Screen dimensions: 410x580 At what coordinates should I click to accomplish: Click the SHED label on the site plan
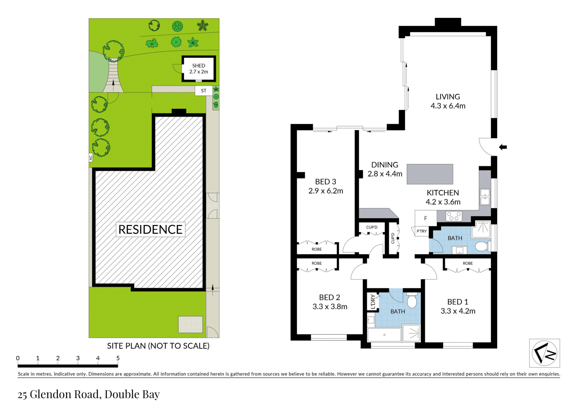tap(199, 66)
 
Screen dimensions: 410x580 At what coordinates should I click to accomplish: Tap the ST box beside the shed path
tap(203, 91)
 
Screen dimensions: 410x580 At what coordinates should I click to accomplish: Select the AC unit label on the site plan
tap(91, 158)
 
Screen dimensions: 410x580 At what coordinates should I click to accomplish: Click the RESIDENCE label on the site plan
tap(150, 230)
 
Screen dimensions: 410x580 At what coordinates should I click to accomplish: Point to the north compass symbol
tap(544, 353)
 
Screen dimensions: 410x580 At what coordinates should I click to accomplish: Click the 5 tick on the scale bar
tap(118, 358)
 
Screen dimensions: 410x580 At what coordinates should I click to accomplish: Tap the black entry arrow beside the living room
tap(502, 147)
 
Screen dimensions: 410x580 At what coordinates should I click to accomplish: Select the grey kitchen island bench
tap(430, 174)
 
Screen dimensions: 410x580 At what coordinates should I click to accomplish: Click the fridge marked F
tap(425, 218)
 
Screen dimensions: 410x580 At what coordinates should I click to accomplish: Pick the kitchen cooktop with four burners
tap(454, 216)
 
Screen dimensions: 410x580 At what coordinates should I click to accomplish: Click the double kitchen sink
tap(485, 197)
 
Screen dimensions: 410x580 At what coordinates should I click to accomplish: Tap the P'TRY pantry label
tap(422, 231)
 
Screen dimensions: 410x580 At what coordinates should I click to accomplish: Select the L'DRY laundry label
tap(373, 301)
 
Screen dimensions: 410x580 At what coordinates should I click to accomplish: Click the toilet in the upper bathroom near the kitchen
tap(481, 247)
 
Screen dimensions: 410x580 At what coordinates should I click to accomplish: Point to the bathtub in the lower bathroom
tap(384, 335)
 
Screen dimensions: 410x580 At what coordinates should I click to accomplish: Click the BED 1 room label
tap(457, 302)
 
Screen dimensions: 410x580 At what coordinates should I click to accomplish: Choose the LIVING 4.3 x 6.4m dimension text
tap(448, 106)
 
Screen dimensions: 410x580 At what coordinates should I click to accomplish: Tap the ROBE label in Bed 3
tap(316, 249)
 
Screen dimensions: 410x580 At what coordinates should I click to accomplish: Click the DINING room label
tap(385, 165)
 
